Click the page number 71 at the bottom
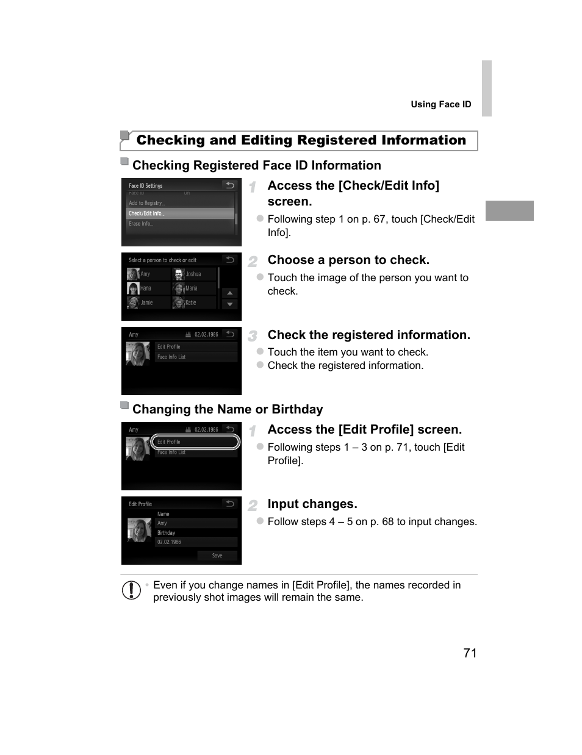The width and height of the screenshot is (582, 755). [470, 653]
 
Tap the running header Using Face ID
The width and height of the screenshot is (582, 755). [440, 104]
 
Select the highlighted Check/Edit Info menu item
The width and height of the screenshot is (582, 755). [180, 213]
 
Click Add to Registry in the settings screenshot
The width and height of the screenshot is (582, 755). [146, 203]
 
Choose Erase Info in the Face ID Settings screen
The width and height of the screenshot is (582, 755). [141, 224]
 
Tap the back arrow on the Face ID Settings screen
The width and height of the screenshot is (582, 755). [229, 185]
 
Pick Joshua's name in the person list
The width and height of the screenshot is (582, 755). [194, 274]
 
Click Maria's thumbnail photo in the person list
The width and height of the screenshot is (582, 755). [179, 288]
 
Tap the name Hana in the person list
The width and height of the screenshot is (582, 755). [146, 288]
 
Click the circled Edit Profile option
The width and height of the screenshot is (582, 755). [195, 442]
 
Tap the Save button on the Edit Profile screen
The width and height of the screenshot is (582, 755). [217, 556]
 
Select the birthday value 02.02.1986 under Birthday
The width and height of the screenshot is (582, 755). [170, 542]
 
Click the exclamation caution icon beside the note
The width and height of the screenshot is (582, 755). [131, 590]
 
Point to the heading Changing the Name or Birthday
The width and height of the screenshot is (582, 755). [228, 409]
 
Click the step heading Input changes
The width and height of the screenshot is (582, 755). [312, 504]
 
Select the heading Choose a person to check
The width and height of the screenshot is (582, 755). [348, 260]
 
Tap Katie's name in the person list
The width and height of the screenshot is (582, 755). [191, 302]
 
